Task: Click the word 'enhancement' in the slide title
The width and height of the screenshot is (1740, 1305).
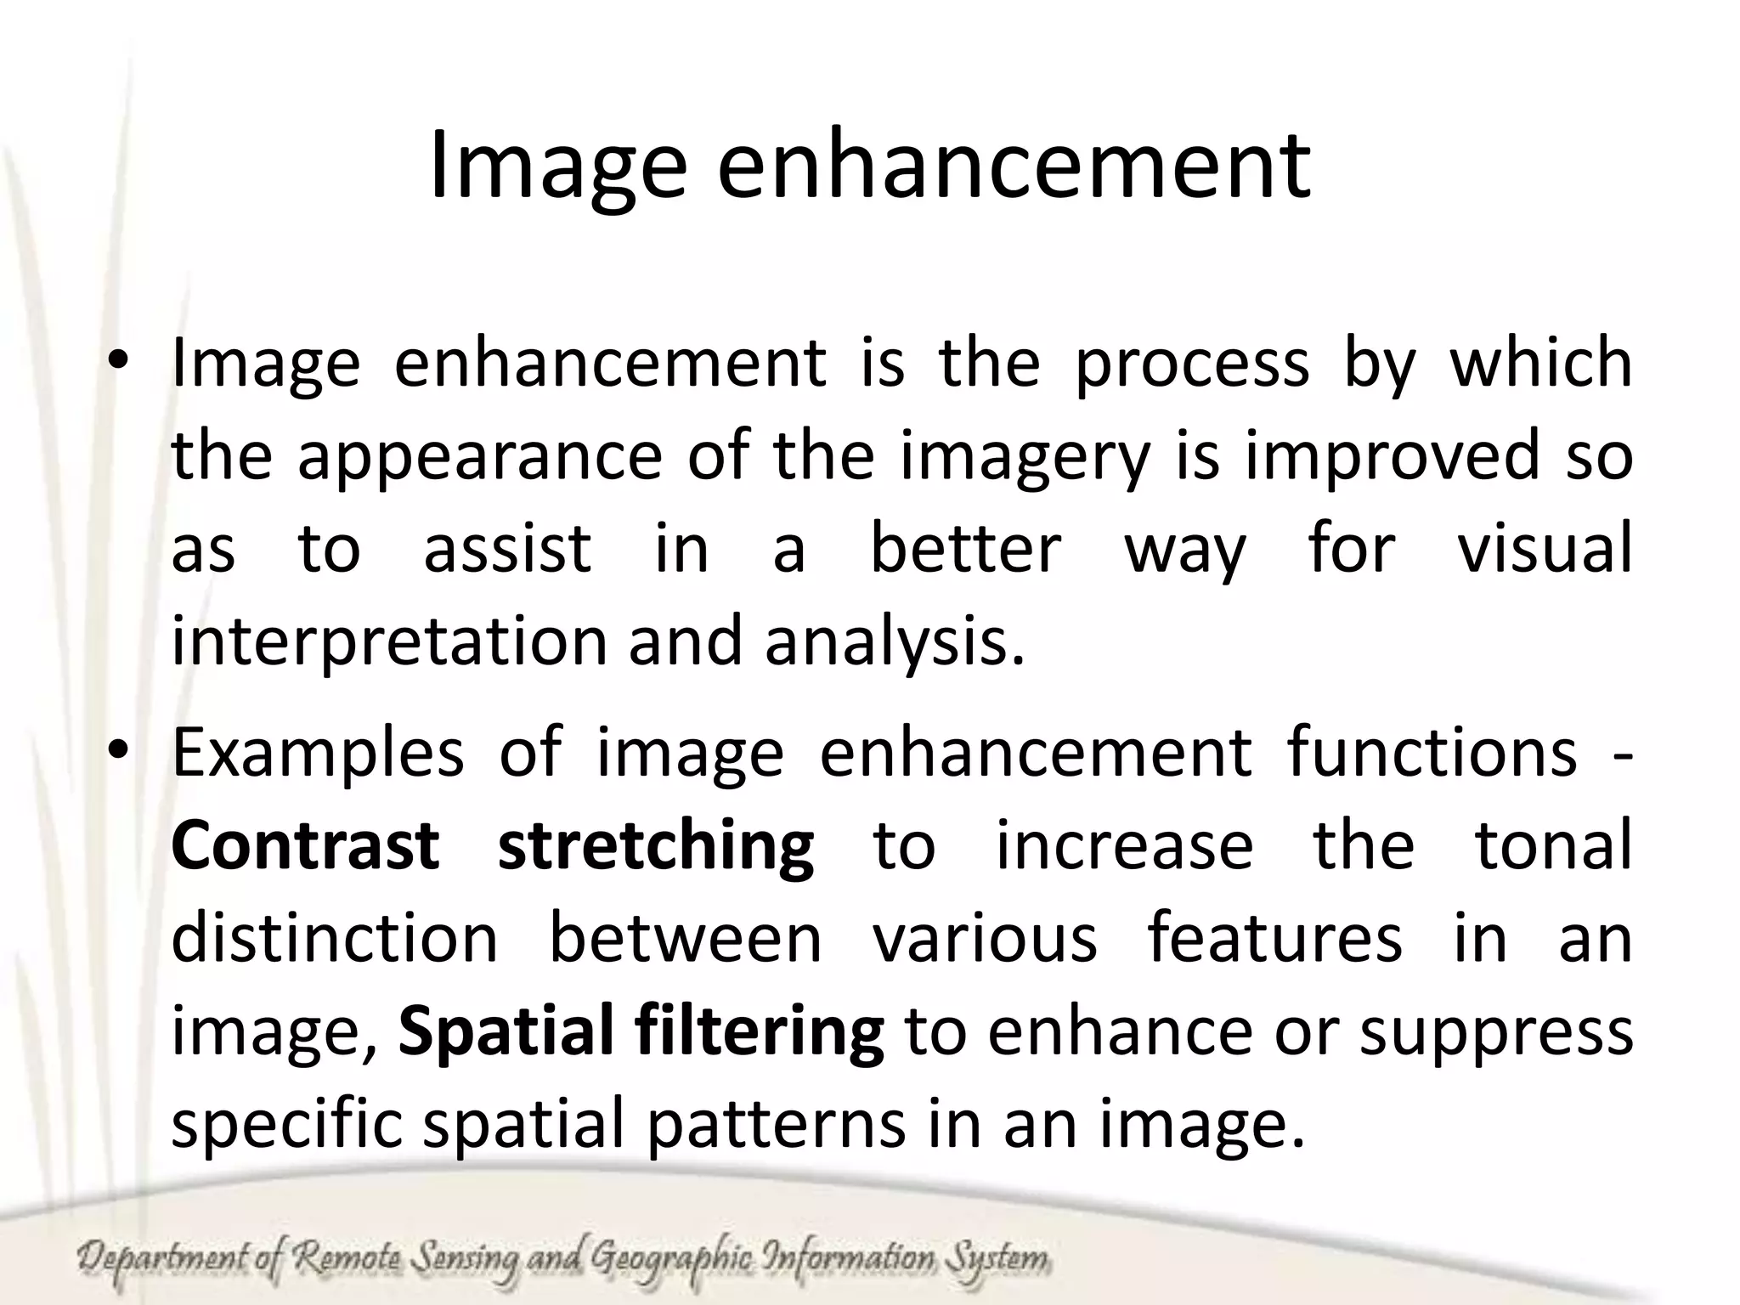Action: point(1014,166)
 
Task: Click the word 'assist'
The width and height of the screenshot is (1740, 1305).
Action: point(507,549)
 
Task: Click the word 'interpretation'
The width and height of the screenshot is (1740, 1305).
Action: point(389,642)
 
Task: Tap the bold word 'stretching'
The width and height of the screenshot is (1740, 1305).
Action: point(656,848)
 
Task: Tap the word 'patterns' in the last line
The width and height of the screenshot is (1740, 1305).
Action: point(776,1125)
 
